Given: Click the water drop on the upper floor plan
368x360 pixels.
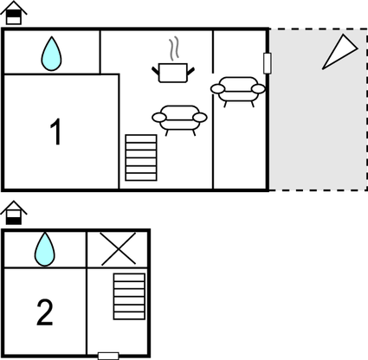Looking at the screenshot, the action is tap(51, 55).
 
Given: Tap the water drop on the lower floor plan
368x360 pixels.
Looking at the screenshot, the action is tap(45, 250).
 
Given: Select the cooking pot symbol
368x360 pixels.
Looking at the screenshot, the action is tap(173, 73).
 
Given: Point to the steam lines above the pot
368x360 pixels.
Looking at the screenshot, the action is tap(174, 49).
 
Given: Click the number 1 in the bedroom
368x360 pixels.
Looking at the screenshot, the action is tap(55, 132).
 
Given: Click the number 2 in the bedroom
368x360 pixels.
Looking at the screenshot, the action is tap(45, 312).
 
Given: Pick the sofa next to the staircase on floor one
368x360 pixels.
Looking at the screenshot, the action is tap(179, 120).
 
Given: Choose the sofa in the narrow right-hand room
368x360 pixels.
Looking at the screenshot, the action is tap(238, 92).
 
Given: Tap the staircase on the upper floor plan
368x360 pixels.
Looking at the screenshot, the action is tap(141, 157).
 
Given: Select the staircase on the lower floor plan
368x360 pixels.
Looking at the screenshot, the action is tap(129, 297).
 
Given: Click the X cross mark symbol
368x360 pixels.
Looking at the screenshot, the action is tap(119, 249).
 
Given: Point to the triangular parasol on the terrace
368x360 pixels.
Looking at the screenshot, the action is tap(339, 52).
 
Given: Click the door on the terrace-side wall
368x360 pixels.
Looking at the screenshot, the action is tap(268, 63).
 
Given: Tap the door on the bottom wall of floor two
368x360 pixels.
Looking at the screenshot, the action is tap(108, 356).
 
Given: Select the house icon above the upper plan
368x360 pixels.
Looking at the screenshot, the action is tap(14, 13).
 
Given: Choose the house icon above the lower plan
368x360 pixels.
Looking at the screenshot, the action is tap(14, 213).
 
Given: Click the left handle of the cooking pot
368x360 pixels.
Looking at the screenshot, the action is tap(156, 71).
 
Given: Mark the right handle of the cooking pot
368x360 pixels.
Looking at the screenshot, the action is tap(190, 71).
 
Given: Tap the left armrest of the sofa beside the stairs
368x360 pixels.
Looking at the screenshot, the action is tap(159, 117).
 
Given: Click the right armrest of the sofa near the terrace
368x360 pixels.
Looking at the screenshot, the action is tap(258, 89).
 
